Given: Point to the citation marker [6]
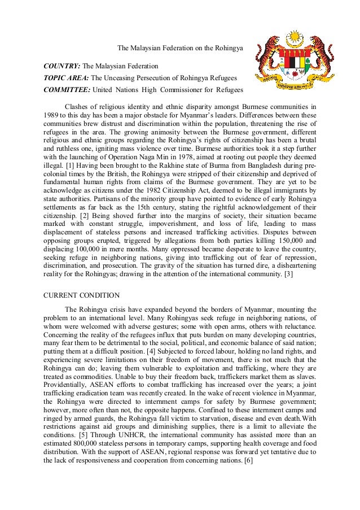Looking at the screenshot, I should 247,461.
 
